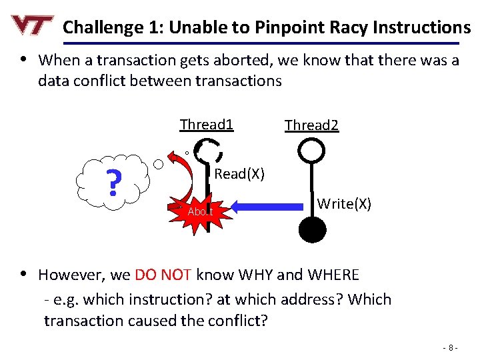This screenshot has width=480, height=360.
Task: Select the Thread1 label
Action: coord(207,125)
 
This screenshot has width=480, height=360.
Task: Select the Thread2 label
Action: coord(311,125)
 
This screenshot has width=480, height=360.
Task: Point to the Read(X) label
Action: coord(239,174)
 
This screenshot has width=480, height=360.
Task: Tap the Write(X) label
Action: coord(344,203)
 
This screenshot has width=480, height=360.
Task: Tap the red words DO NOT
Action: coord(163,275)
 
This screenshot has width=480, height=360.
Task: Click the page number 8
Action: coord(452,347)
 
